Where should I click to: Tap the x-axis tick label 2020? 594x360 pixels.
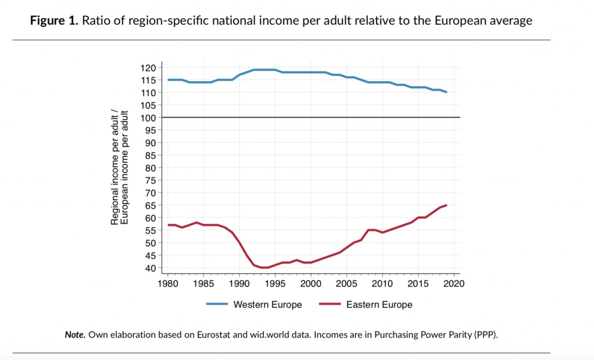[x=454, y=284]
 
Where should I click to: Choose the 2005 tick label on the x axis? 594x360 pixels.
[x=347, y=284]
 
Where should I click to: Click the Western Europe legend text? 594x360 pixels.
[x=267, y=304]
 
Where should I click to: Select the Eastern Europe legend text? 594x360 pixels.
[x=379, y=304]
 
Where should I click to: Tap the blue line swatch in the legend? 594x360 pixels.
[x=218, y=304]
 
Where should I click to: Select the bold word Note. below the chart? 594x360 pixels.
[x=75, y=335]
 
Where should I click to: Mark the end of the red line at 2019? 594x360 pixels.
[x=446, y=205]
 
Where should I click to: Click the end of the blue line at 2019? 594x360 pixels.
[x=446, y=92]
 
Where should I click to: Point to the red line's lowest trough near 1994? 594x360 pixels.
[x=265, y=267]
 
